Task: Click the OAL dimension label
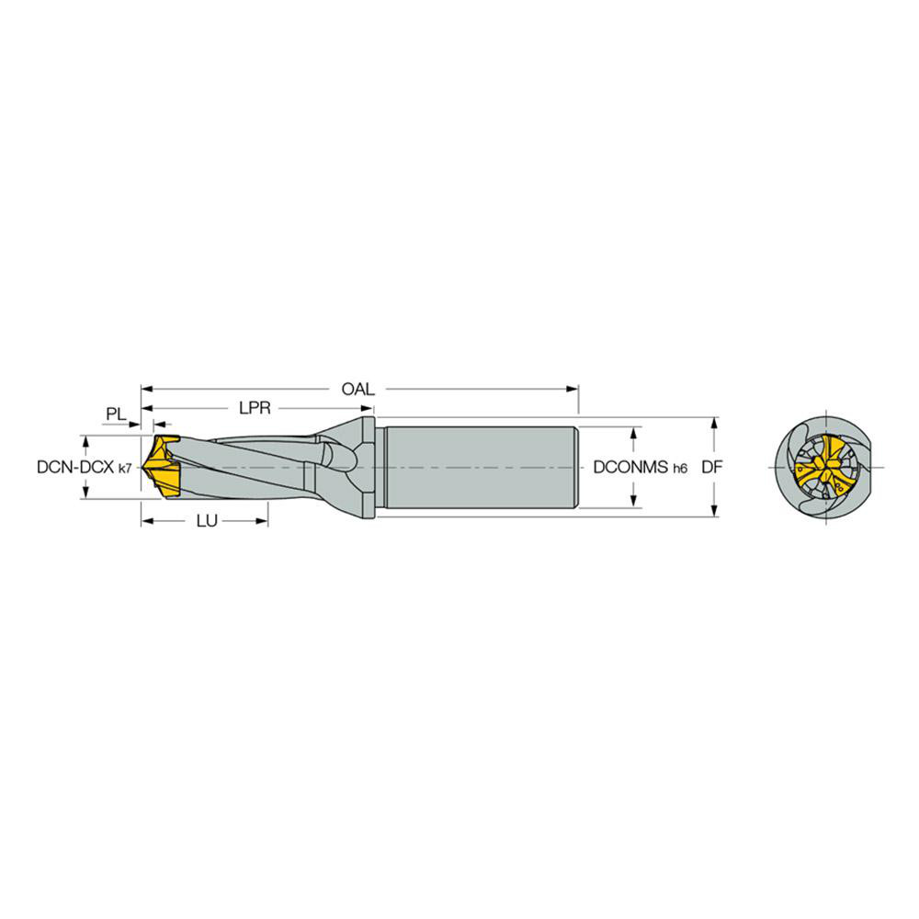pos(357,389)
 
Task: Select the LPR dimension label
pos(254,407)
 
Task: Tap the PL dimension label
pos(115,414)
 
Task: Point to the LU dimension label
pos(207,521)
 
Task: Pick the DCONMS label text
pos(630,467)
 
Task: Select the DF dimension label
pos(711,467)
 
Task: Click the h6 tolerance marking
pos(679,469)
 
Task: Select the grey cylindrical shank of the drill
pos(478,467)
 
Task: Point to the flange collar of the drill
pos(368,467)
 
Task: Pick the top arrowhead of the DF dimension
pos(715,422)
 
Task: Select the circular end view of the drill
pos(824,467)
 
